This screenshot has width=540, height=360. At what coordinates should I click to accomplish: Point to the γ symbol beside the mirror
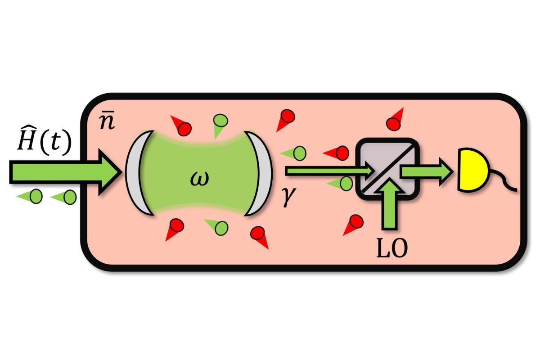tap(288, 197)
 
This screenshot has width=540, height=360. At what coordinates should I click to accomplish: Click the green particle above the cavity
tap(220, 123)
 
